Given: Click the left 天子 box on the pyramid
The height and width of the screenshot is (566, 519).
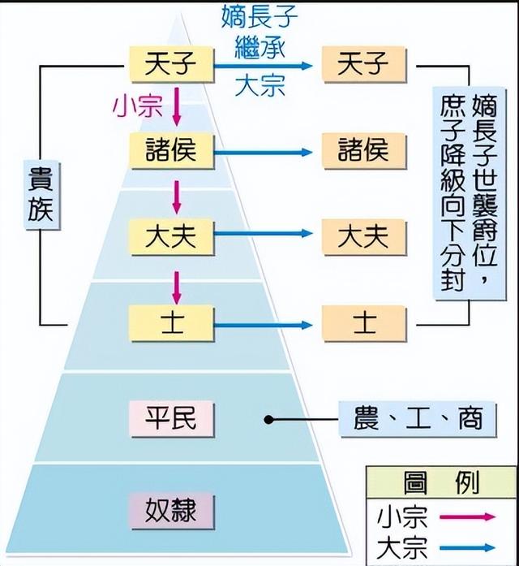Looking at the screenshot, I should pos(170,63).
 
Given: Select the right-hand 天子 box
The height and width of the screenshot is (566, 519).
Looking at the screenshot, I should pos(364,63).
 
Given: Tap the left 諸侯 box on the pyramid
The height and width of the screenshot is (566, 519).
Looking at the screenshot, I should pos(170,150).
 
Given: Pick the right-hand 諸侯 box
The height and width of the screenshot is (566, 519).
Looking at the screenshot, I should pos(364,150).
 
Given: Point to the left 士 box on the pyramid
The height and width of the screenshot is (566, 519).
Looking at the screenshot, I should pos(170,323).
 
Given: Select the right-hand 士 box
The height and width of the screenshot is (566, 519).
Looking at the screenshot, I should pos(364,323).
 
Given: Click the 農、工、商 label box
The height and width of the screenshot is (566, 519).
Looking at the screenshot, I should pos(418,419).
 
